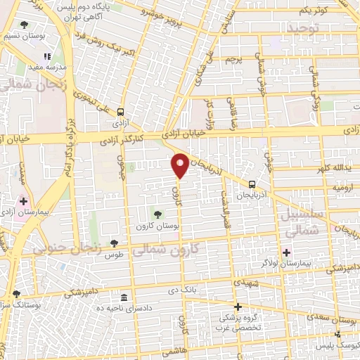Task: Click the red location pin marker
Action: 180,165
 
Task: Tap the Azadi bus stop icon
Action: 121,111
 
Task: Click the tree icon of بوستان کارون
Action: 156,214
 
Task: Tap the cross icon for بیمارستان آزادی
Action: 23,200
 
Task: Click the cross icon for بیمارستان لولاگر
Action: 285,252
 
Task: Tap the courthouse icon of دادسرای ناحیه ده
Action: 124,296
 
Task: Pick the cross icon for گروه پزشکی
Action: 238,307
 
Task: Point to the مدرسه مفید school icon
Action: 47,57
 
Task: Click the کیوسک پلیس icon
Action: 338,335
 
